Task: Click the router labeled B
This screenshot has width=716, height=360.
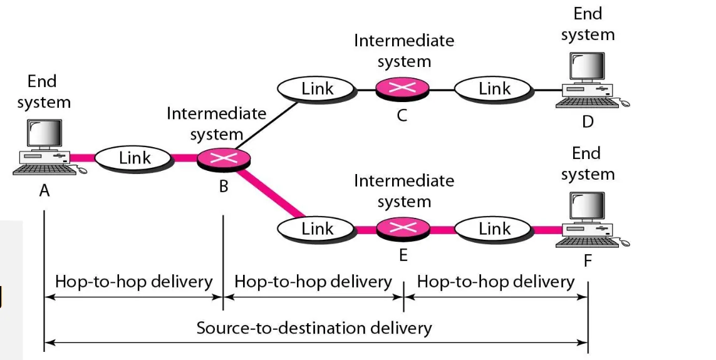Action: coord(224,159)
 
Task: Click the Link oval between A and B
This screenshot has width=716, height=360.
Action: coord(135,158)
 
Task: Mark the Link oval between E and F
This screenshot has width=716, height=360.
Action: coord(494,229)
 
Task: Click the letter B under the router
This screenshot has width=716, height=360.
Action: coord(224,186)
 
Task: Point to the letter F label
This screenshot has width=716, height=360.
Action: coord(588,260)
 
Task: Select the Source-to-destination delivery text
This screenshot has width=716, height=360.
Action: coord(314,327)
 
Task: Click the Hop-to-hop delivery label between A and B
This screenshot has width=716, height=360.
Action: coord(133,282)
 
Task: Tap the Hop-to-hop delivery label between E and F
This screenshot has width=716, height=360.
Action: coord(495,282)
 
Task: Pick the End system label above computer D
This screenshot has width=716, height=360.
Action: coord(588,24)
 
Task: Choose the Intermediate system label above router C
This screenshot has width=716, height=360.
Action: coord(404,51)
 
